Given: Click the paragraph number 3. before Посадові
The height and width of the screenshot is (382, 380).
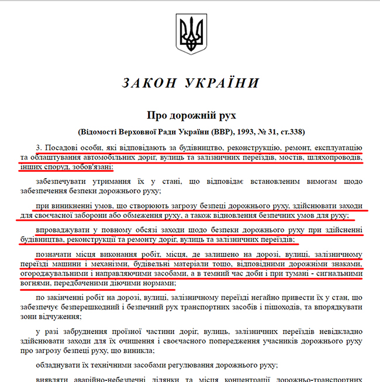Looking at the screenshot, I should (x=39, y=147).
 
